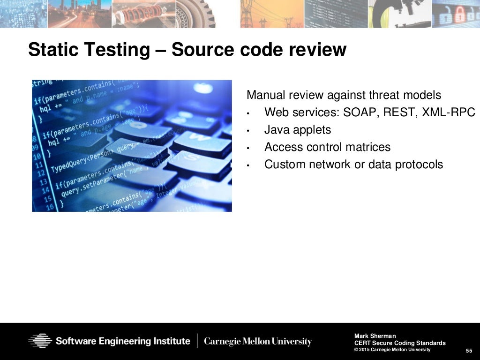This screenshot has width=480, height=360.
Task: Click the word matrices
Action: pyautogui.click(x=368, y=147)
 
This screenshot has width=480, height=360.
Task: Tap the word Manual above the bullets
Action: pyautogui.click(x=265, y=95)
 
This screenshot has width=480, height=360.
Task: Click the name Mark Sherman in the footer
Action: pyautogui.click(x=375, y=336)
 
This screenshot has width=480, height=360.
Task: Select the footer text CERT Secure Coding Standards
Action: pyautogui.click(x=400, y=343)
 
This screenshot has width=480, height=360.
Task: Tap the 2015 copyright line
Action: pyautogui.click(x=392, y=350)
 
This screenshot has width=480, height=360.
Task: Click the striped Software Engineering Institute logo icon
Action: pyautogui.click(x=40, y=341)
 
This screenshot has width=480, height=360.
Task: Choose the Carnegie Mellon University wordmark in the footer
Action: pyautogui.click(x=258, y=341)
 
